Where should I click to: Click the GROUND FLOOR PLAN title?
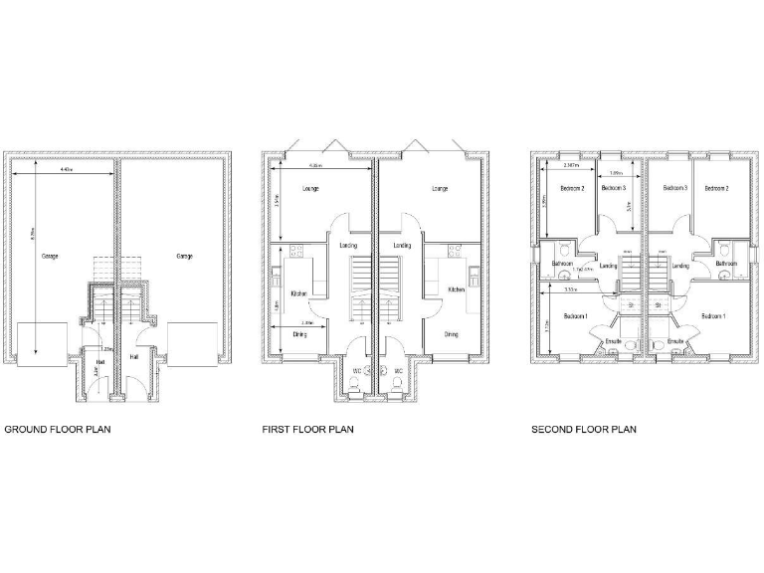[58, 430]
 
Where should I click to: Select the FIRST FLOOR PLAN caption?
[307, 430]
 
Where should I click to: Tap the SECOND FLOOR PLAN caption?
[584, 430]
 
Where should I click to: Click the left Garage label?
[50, 257]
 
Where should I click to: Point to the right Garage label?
[184, 257]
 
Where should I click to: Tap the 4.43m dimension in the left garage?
[66, 171]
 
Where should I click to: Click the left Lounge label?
[310, 188]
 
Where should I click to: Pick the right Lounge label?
[439, 188]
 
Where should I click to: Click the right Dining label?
[452, 334]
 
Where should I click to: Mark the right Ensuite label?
[676, 341]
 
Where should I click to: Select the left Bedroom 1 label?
[575, 316]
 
